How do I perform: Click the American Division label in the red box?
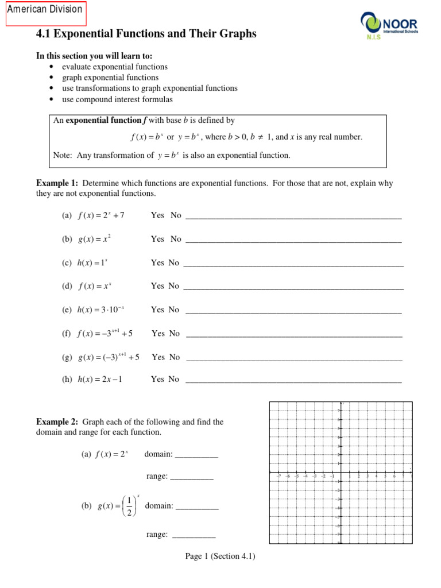tap(45, 10)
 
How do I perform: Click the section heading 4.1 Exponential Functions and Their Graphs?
tap(146, 34)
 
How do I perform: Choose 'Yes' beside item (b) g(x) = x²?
tap(157, 239)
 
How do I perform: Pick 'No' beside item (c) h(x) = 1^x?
tap(174, 262)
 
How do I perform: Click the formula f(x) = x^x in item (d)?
tap(94, 286)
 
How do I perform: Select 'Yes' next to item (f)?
tap(158, 333)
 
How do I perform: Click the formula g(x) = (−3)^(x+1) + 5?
tap(109, 357)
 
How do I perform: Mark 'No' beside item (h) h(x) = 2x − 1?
tap(174, 379)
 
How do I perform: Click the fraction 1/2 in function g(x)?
tap(129, 506)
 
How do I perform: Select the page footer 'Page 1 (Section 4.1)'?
tap(220, 556)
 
